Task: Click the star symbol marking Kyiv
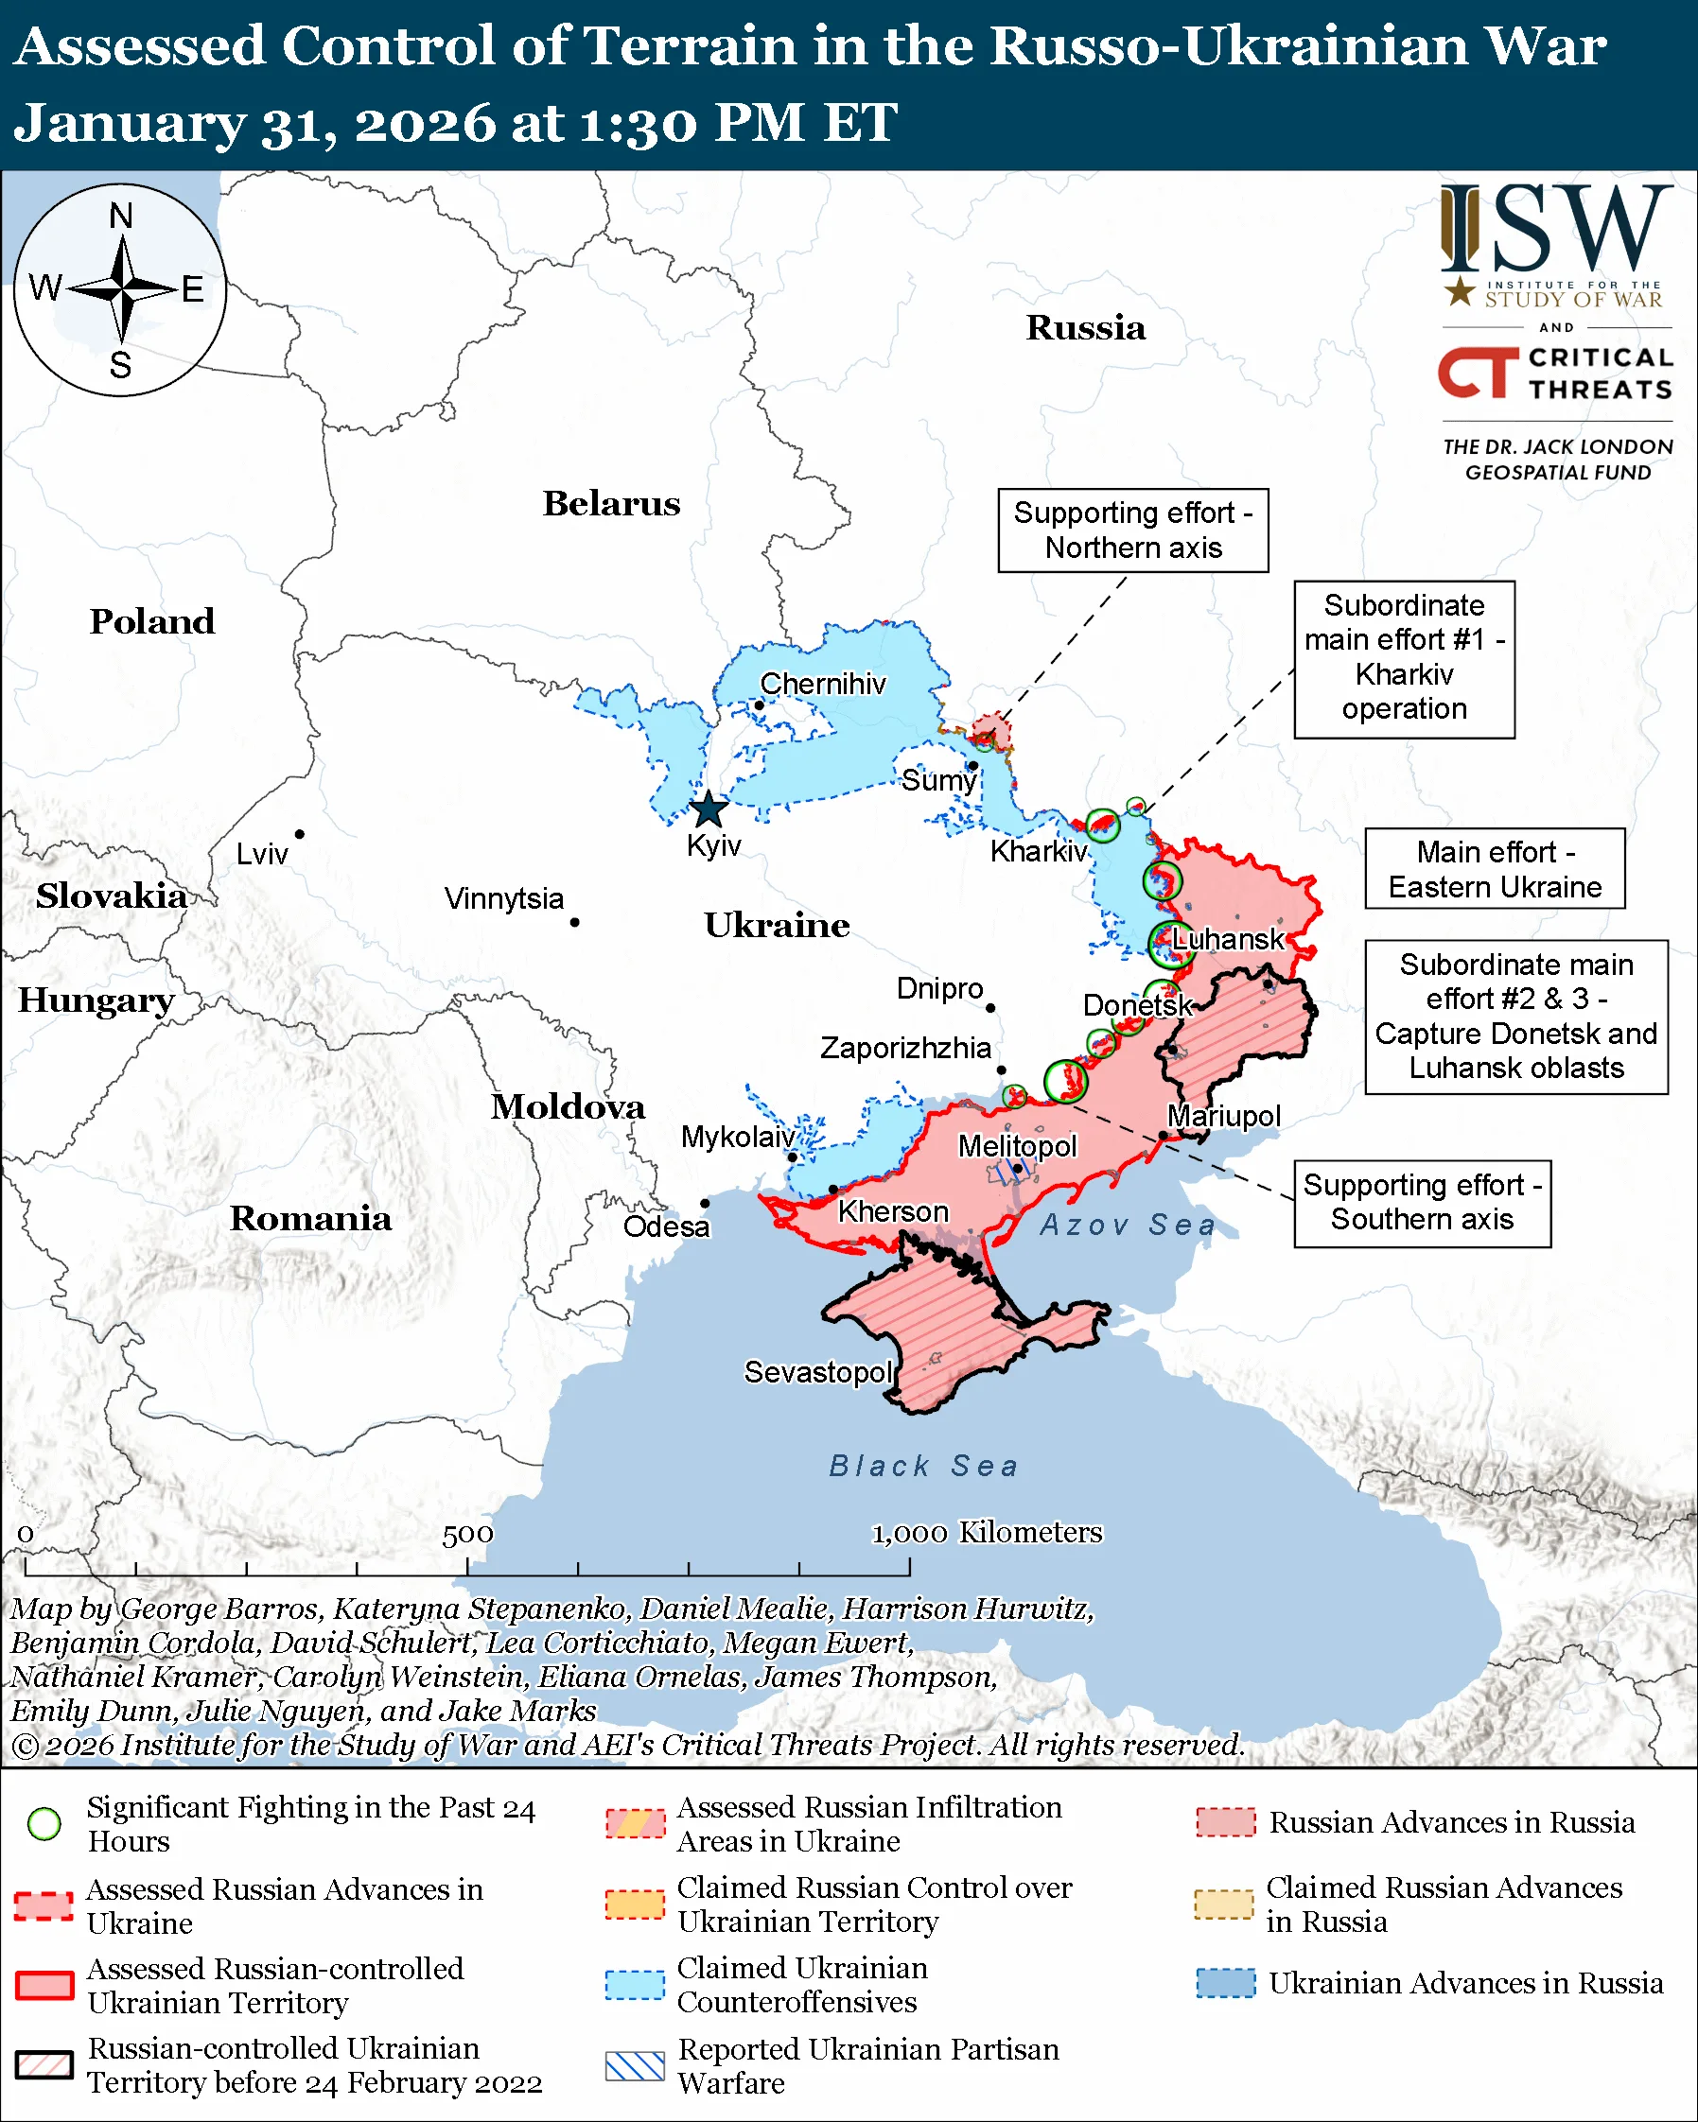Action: (709, 811)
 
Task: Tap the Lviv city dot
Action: (299, 835)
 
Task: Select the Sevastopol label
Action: (817, 1372)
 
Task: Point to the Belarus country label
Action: (611, 504)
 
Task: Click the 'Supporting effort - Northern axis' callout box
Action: (1133, 530)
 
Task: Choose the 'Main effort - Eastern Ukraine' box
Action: (1495, 869)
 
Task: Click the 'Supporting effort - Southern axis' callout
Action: (1422, 1203)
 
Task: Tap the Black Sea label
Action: (923, 1467)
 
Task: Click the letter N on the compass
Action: (121, 216)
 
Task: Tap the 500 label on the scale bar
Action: (467, 1535)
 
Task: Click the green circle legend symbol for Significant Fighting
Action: (44, 1824)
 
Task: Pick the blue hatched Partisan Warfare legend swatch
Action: (635, 2066)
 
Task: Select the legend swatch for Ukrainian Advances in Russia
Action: (1226, 1983)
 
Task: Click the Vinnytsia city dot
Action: (575, 922)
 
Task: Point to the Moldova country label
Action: (568, 1107)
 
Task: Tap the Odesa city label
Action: (666, 1227)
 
